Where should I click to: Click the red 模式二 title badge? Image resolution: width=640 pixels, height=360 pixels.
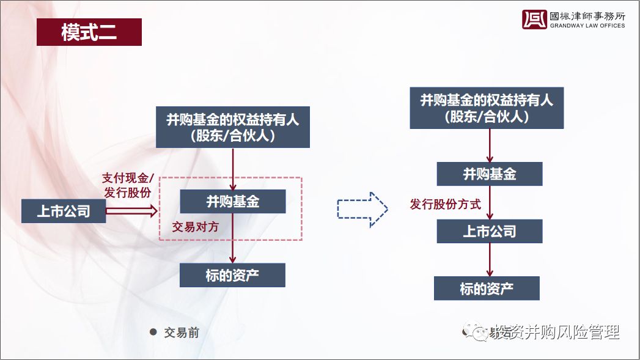click(89, 32)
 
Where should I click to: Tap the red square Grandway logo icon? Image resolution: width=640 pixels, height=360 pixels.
click(534, 20)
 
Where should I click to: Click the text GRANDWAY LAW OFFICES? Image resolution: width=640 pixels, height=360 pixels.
click(587, 26)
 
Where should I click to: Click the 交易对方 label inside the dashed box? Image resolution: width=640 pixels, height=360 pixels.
click(195, 227)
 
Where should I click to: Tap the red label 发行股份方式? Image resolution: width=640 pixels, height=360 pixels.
click(446, 204)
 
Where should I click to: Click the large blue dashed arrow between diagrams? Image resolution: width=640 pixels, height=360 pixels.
click(362, 210)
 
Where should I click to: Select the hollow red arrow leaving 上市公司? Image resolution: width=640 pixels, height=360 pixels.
click(131, 211)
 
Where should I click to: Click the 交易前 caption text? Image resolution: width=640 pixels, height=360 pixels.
click(182, 332)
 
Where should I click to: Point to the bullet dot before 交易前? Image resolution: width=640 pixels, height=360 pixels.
click(153, 332)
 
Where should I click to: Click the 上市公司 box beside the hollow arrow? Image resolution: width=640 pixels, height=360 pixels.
click(64, 211)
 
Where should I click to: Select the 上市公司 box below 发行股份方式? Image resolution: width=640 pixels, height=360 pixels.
click(489, 231)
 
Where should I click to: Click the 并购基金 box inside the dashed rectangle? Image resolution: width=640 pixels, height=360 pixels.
click(232, 201)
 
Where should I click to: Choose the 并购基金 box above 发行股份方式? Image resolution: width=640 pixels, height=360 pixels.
click(489, 174)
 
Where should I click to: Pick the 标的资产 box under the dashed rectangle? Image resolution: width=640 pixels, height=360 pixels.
click(232, 275)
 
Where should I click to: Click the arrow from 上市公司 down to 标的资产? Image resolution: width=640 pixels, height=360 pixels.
click(490, 260)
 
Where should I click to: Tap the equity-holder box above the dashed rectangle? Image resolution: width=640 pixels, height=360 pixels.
click(232, 127)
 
